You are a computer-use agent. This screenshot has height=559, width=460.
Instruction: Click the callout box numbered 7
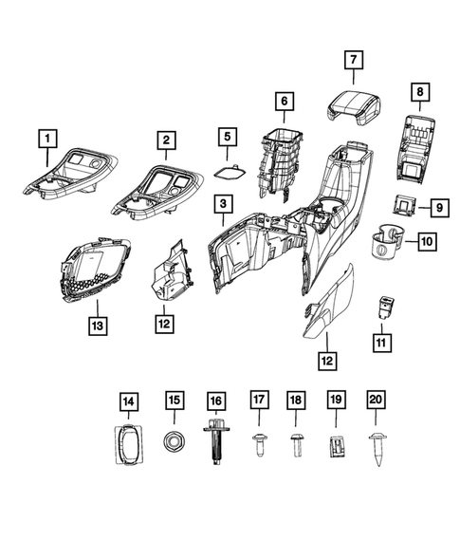(353, 60)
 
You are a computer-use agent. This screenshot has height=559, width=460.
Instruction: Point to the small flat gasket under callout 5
(227, 173)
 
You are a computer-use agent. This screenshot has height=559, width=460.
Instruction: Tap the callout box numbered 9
(439, 206)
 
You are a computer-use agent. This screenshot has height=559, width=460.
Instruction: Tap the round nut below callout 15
(173, 440)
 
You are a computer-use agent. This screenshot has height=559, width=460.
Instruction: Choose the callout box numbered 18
(296, 401)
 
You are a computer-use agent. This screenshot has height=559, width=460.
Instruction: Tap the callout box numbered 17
(256, 401)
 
